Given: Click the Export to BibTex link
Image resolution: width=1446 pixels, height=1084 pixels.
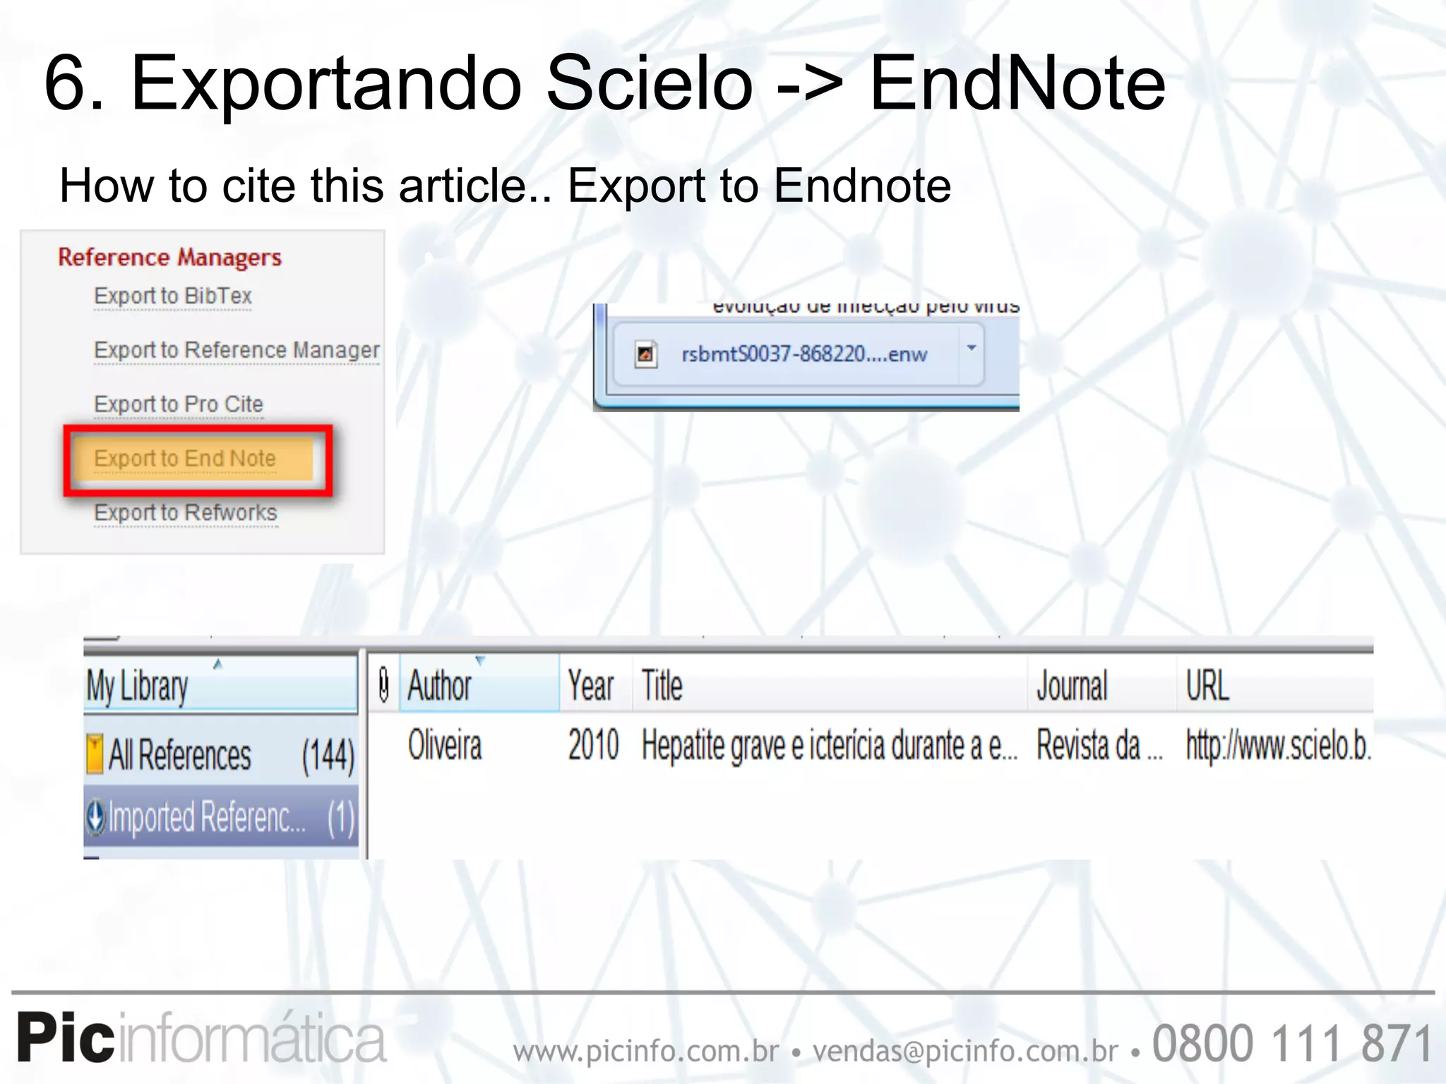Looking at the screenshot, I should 173,296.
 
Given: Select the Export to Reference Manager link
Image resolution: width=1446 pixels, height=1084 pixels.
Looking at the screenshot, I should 237,350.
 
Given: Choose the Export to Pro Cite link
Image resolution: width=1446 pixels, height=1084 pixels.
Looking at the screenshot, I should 179,404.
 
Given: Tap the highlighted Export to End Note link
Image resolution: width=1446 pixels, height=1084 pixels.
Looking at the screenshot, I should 185,459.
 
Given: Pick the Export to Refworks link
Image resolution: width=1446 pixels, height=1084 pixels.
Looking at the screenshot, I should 186,513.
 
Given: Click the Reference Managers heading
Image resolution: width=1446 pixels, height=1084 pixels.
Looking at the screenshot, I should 169,258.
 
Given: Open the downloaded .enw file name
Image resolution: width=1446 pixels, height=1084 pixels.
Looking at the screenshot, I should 803,354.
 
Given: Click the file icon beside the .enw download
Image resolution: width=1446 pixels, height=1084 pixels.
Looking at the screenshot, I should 645,354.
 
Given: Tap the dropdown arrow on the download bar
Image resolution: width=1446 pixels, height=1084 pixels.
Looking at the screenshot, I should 972,348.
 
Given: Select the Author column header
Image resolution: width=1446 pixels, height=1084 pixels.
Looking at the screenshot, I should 440,685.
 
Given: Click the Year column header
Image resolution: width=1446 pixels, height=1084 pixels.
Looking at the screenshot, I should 591,685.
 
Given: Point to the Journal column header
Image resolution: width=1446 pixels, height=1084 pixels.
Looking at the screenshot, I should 1072,685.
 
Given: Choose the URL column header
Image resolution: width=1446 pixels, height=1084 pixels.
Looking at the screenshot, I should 1207,685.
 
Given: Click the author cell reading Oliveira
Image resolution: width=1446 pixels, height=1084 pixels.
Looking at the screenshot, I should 445,746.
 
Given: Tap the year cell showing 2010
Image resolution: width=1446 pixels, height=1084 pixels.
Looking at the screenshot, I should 593,746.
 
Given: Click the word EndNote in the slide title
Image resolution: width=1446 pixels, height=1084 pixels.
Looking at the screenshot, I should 1017,84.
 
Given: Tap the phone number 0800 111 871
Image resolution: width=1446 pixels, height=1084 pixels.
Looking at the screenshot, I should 1291,1043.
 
